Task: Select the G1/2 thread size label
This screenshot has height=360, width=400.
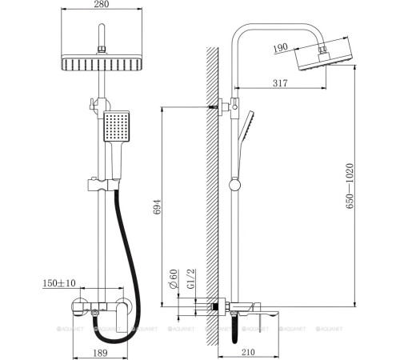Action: click(x=190, y=280)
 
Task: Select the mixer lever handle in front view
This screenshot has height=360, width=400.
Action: click(x=122, y=309)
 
